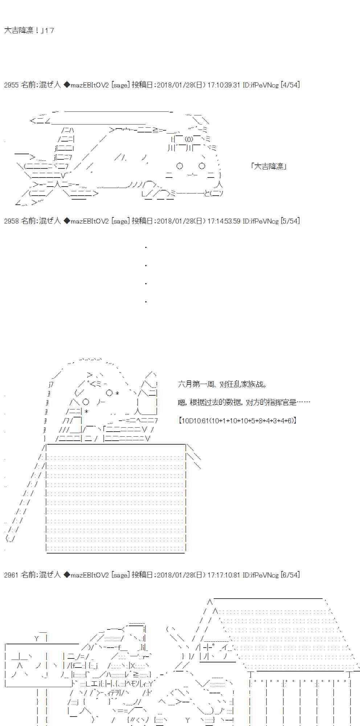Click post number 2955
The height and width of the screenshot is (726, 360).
click(11, 85)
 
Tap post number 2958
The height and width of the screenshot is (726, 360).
click(11, 221)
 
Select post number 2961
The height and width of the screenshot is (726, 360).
click(11, 575)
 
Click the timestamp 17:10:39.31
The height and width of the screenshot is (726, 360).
click(224, 85)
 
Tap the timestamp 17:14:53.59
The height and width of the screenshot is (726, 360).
click(224, 221)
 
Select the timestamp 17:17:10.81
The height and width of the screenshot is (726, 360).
click(224, 575)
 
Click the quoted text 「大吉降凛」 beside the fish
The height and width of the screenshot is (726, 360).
click(269, 166)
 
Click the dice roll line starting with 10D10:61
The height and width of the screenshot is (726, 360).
click(238, 421)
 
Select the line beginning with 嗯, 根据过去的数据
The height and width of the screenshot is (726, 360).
click(244, 402)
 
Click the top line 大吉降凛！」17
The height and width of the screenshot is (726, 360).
click(29, 30)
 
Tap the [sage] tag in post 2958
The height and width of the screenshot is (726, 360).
click(120, 221)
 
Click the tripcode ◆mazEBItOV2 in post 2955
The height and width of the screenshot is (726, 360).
click(86, 85)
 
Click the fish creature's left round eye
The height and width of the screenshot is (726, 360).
click(180, 166)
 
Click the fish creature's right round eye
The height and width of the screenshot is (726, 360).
click(202, 166)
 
